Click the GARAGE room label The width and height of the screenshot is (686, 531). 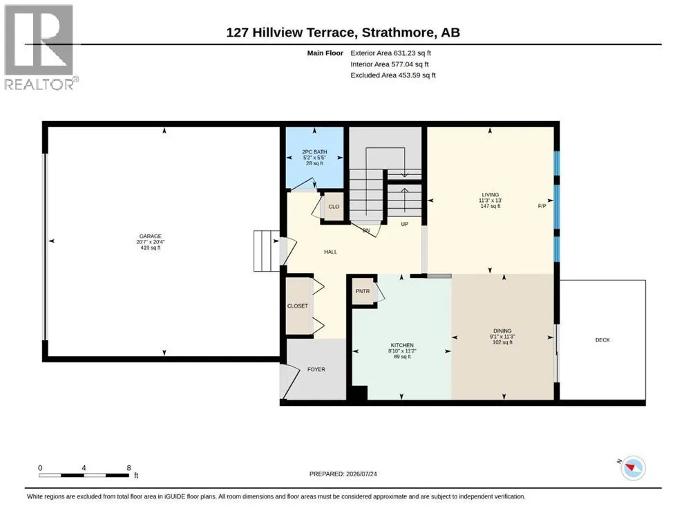click(x=151, y=236)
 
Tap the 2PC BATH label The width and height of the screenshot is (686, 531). click(x=314, y=152)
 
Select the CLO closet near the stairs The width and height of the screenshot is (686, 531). click(x=334, y=207)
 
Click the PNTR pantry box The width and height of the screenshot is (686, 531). click(x=363, y=291)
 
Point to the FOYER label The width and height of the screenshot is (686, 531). click(x=316, y=369)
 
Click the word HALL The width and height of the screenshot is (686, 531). click(x=330, y=252)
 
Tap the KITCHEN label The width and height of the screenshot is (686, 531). click(x=402, y=346)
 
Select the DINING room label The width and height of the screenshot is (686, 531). click(x=502, y=331)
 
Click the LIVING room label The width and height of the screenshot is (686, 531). click(x=490, y=195)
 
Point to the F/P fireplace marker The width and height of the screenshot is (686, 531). click(x=542, y=206)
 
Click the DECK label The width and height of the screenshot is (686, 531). click(x=602, y=339)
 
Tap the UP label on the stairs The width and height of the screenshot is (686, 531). click(x=405, y=224)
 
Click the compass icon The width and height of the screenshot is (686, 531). click(x=632, y=468)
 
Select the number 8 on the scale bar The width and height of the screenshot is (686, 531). click(x=128, y=467)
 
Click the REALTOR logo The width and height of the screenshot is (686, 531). click(x=40, y=47)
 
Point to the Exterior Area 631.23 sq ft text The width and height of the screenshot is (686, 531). click(x=391, y=53)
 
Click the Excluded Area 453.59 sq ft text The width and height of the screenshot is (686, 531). click(x=393, y=75)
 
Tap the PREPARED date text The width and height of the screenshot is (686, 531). click(x=343, y=474)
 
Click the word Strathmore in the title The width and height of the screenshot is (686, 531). click(x=399, y=32)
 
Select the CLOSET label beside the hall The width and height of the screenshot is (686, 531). click(x=298, y=306)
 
